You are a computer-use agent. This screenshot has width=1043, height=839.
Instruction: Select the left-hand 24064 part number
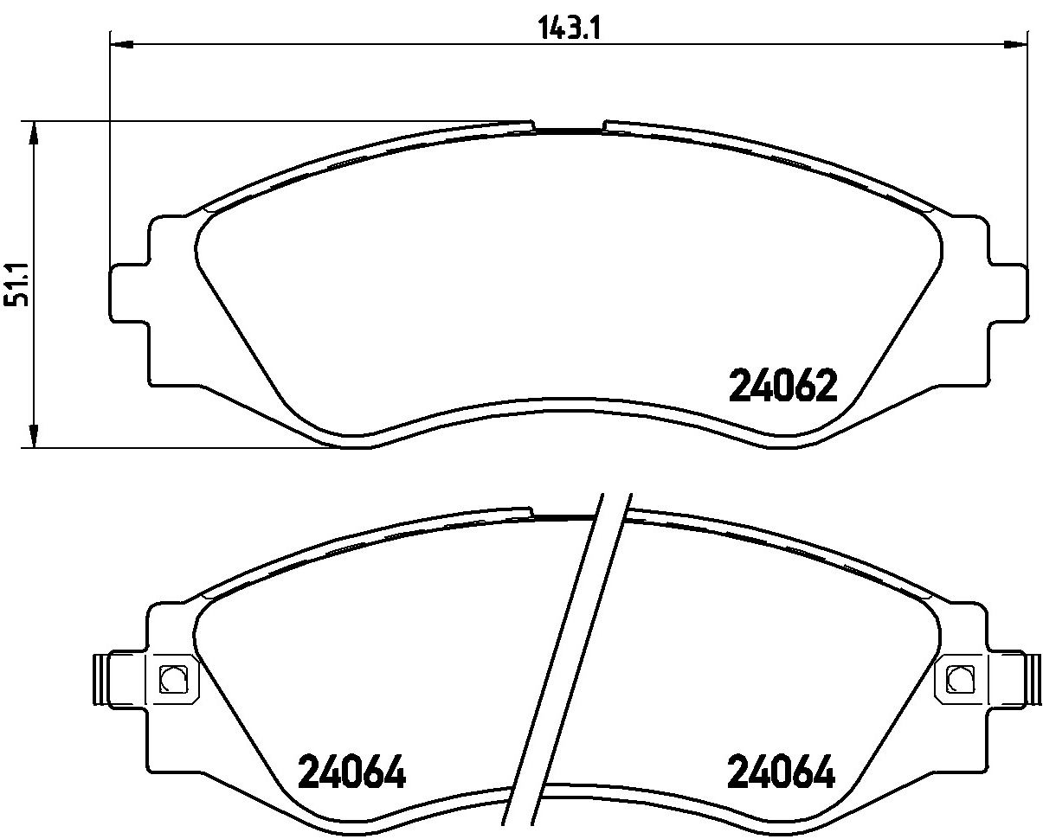[352, 772]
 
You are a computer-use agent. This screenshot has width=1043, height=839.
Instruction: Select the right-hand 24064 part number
[782, 772]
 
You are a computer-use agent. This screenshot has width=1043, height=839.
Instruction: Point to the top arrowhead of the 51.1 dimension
[34, 132]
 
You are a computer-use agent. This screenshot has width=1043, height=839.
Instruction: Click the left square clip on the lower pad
[173, 679]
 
